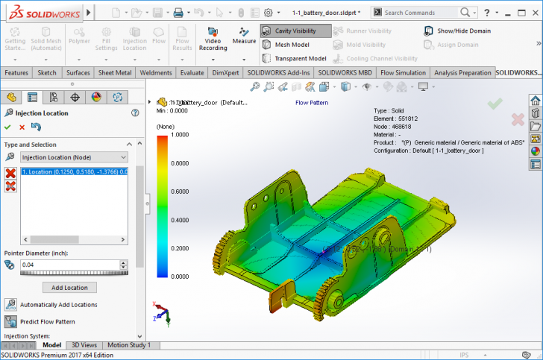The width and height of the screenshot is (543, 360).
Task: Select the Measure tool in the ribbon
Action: pyautogui.click(x=244, y=36)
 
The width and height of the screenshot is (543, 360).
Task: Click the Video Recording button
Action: pyautogui.click(x=213, y=38)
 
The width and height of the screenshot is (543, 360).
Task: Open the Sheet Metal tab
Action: pyautogui.click(x=116, y=72)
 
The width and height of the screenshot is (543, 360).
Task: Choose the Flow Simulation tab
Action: pyautogui.click(x=404, y=72)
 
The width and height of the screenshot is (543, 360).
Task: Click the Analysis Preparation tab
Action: pyautogui.click(x=463, y=72)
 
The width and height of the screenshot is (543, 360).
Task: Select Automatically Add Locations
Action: pyautogui.click(x=58, y=305)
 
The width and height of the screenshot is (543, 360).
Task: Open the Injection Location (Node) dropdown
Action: pyautogui.click(x=74, y=157)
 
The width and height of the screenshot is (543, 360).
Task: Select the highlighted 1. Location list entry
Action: pyautogui.click(x=74, y=172)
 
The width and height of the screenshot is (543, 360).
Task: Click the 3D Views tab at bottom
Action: pyautogui.click(x=84, y=345)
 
